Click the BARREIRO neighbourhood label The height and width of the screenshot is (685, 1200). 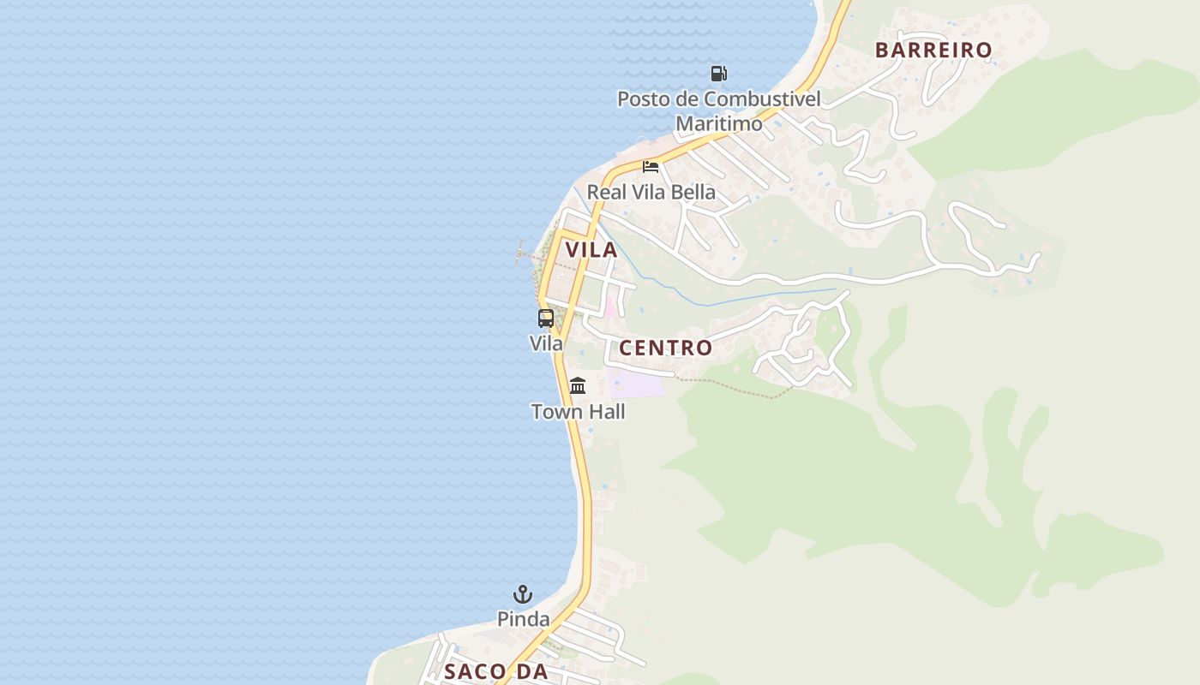click(x=933, y=51)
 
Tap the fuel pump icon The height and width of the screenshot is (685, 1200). click(x=718, y=74)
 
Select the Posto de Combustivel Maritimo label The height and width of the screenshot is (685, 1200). click(x=718, y=111)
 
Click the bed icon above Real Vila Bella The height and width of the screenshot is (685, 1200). click(x=651, y=166)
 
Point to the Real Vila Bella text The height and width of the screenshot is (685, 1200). click(x=651, y=192)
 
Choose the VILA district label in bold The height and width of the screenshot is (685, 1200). click(x=591, y=250)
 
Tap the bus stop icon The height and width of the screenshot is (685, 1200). click(x=546, y=319)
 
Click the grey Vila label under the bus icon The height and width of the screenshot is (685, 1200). click(x=546, y=343)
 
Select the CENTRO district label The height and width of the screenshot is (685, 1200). click(x=665, y=348)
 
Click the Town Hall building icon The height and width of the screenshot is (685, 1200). click(x=578, y=386)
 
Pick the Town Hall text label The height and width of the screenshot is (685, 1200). click(x=578, y=412)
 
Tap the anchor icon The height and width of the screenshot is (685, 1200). click(x=523, y=593)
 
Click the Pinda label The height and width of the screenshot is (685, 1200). click(x=523, y=618)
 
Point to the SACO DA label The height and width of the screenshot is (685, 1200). click(x=495, y=672)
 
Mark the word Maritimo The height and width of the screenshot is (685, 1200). click(x=718, y=124)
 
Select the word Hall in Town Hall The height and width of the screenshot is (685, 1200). click(x=604, y=412)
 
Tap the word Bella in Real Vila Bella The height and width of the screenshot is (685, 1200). click(x=693, y=192)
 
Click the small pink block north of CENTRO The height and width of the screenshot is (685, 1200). click(x=610, y=307)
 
